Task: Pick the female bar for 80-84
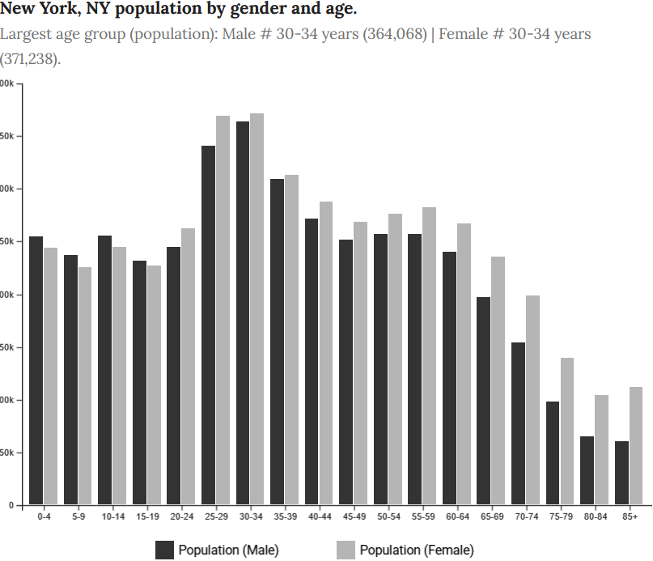(x=601, y=450)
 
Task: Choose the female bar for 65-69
(x=498, y=380)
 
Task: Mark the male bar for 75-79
(x=553, y=453)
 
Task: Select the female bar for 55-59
(x=429, y=356)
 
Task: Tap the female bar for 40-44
(x=325, y=353)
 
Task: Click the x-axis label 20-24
(x=181, y=516)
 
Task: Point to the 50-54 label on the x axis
(x=388, y=516)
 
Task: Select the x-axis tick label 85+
(x=630, y=516)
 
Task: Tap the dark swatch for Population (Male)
(x=165, y=550)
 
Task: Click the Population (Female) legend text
(x=417, y=550)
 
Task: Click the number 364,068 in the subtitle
(x=394, y=35)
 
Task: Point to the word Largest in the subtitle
(x=26, y=35)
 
